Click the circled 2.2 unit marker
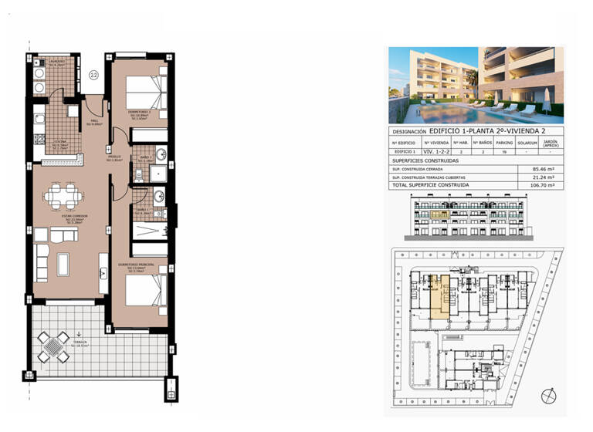click(x=93, y=75)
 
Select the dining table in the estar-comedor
click(x=61, y=194)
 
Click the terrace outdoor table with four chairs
click(x=54, y=345)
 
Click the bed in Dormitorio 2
click(x=145, y=91)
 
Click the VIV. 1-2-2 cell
click(x=437, y=153)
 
